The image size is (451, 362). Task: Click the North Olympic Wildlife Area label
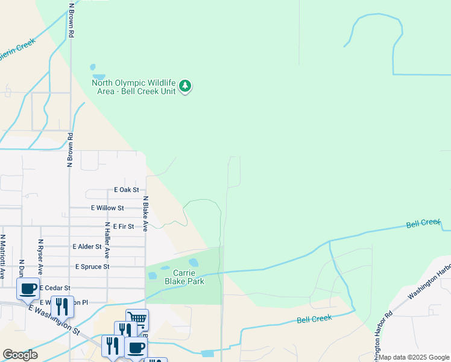[x=133, y=87]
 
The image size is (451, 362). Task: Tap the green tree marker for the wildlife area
[x=186, y=86]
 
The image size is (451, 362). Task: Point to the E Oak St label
[x=127, y=189]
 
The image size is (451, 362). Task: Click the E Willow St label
[x=107, y=208]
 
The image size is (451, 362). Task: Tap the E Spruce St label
[x=92, y=266]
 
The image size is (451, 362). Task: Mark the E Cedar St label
[x=55, y=288]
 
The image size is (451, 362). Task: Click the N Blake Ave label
[x=145, y=214]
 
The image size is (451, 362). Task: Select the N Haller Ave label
[x=107, y=241]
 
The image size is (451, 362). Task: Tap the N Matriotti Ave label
[x=2, y=256]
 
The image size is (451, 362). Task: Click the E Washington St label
[x=54, y=319]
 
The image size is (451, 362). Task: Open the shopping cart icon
[x=137, y=319]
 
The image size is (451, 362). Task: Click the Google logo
[x=20, y=355]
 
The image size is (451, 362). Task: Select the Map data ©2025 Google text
[x=414, y=357]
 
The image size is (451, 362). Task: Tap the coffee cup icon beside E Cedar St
[x=28, y=288]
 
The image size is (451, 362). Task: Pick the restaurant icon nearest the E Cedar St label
[x=62, y=305]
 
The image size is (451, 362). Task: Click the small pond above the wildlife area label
[x=93, y=68]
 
